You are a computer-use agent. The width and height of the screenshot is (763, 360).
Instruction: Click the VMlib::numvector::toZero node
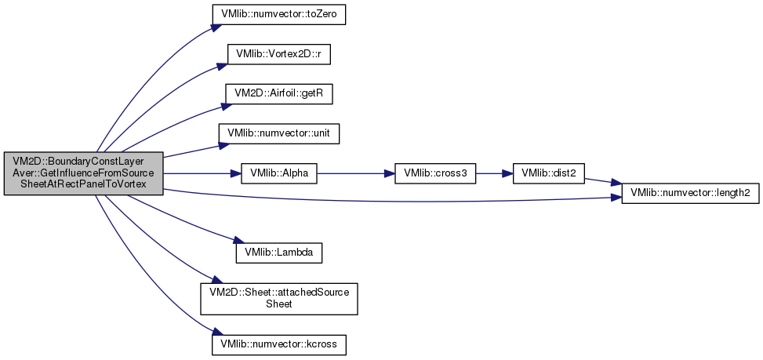278,16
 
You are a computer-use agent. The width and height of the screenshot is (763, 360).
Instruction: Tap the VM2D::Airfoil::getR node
278,94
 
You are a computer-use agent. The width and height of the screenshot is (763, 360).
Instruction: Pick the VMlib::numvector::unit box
278,134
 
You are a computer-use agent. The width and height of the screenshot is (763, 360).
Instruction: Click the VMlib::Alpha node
279,173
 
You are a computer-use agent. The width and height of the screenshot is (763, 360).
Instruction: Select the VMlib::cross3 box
434,173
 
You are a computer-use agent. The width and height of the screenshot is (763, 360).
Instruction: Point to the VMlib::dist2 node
548,173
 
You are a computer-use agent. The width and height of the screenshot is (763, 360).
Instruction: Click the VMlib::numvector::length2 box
691,194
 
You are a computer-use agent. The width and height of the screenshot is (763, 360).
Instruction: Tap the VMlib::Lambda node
279,253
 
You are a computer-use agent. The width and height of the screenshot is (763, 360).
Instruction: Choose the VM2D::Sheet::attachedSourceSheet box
279,298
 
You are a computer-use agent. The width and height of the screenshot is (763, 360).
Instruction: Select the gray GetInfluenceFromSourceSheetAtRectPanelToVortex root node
83,173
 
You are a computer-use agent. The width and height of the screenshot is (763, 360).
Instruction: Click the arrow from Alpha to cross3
356,173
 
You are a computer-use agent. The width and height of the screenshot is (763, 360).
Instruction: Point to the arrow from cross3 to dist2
494,173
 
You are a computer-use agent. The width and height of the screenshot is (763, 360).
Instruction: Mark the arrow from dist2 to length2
603,181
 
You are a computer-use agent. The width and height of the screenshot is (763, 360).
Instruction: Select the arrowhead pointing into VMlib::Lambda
238,240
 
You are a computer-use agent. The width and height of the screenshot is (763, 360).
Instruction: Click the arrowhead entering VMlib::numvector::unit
223,144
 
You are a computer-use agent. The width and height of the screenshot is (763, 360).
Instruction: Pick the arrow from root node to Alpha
202,173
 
